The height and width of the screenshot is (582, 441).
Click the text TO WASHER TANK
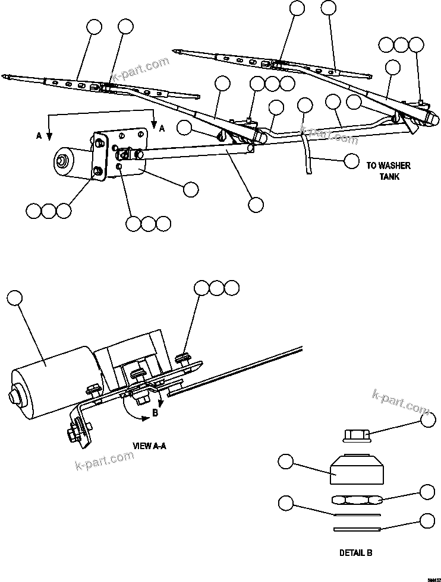tap(388, 171)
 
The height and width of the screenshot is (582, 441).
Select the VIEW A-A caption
tap(149, 445)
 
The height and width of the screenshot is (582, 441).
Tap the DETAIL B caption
tap(355, 552)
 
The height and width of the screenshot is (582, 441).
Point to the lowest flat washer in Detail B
tap(357, 529)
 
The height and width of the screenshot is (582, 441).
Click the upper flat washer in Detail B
tap(355, 514)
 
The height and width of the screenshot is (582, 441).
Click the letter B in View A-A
tap(155, 414)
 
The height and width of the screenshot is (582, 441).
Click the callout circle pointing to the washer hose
tap(351, 160)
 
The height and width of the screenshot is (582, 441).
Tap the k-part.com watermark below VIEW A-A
tap(104, 459)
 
